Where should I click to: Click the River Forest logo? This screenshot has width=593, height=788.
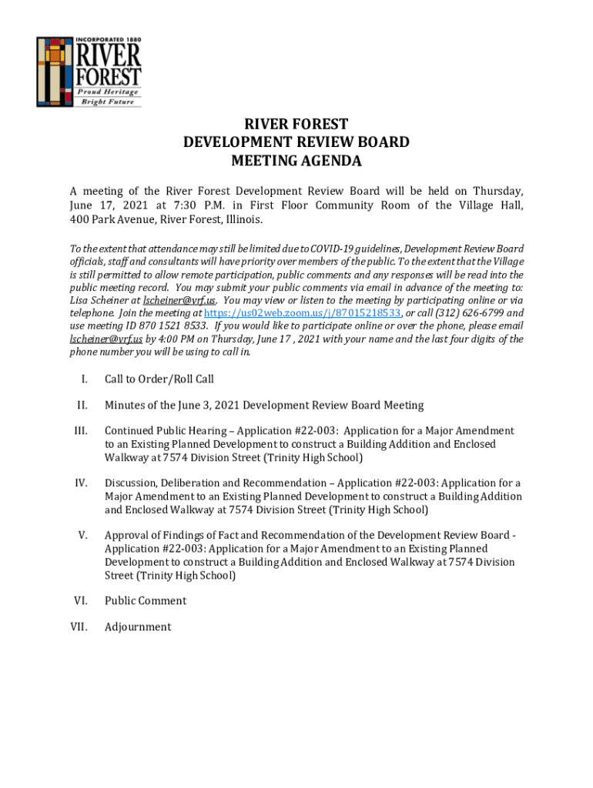(89, 72)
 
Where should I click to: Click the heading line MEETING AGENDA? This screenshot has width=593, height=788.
(296, 162)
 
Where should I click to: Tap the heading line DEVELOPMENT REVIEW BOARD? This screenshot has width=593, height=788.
(296, 142)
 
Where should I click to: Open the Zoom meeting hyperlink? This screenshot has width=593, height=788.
(303, 313)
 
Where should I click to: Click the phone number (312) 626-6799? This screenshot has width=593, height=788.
(470, 313)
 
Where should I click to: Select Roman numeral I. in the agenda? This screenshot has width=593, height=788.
(82, 379)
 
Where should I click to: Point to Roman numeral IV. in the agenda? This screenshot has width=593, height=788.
(80, 483)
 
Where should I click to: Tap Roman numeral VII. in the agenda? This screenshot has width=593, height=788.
(78, 627)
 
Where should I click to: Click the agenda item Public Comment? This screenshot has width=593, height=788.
(146, 601)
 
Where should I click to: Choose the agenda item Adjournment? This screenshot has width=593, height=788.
(138, 627)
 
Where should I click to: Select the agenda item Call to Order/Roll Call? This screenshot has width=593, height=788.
(159, 379)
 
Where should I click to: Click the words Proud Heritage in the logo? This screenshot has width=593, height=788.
(112, 92)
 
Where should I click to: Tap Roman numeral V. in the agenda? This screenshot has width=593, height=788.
(82, 536)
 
